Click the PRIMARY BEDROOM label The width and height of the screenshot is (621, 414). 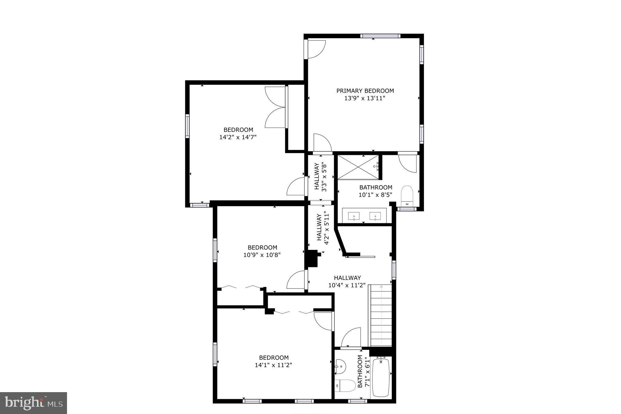click(365, 91)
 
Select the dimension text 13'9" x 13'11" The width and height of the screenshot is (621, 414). click(365, 98)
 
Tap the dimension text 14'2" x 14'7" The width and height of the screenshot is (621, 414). click(238, 137)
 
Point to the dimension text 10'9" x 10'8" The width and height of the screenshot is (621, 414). click(262, 255)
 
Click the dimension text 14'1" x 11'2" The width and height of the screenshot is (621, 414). click(274, 365)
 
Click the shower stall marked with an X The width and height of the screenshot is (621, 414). click(358, 167)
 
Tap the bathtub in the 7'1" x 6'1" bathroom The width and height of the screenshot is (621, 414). click(381, 378)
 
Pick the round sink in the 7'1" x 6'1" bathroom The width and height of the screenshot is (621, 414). click(341, 367)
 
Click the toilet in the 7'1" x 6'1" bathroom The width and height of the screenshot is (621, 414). click(346, 386)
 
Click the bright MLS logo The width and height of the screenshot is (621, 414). click(33, 403)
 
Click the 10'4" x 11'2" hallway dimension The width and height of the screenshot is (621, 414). click(347, 286)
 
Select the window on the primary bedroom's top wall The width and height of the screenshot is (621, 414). click(380, 36)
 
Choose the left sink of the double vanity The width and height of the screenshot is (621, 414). click(354, 216)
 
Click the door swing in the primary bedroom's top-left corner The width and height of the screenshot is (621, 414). click(316, 49)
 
